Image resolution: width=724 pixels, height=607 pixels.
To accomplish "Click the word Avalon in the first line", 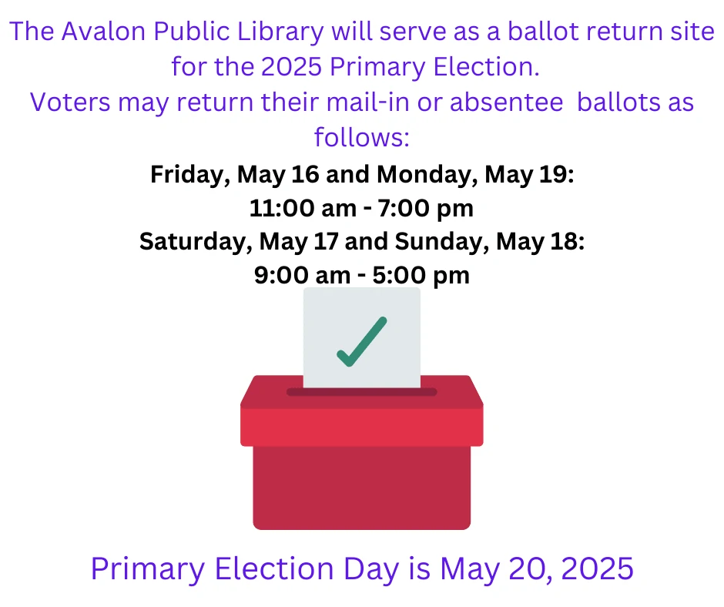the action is [103, 32].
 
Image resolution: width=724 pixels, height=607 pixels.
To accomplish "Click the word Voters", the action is [70, 102].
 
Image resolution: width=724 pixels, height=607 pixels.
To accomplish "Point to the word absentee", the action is [507, 102].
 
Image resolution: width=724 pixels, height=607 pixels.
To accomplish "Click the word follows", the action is [359, 137].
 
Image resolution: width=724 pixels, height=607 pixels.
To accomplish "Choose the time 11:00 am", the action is [303, 208].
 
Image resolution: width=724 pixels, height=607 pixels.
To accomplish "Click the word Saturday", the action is [196, 242].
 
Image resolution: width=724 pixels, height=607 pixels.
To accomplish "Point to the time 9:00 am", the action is [302, 275].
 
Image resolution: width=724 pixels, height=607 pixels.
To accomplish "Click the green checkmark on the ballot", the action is [362, 342].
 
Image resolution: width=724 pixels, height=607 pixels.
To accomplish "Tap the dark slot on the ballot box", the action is [361, 392].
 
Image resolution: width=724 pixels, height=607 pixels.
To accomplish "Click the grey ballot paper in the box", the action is [362, 337].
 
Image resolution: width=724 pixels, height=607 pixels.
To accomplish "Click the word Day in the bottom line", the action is [371, 569].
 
